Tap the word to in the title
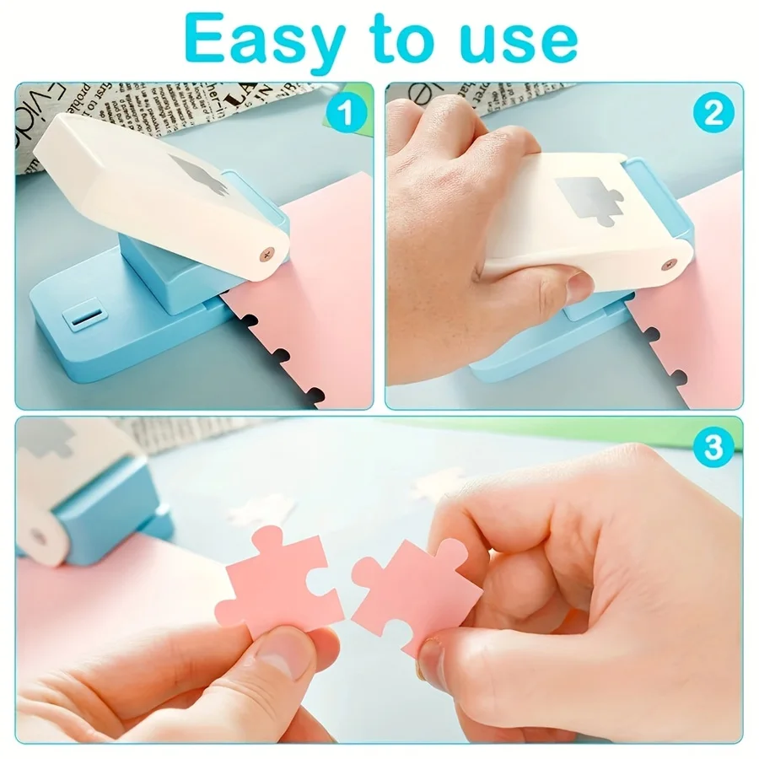tap(411, 40)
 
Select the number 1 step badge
tap(345, 113)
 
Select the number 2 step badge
tap(713, 113)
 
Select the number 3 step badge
tap(713, 448)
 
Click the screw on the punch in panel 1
tap(268, 253)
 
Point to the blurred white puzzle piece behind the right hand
tap(439, 485)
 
